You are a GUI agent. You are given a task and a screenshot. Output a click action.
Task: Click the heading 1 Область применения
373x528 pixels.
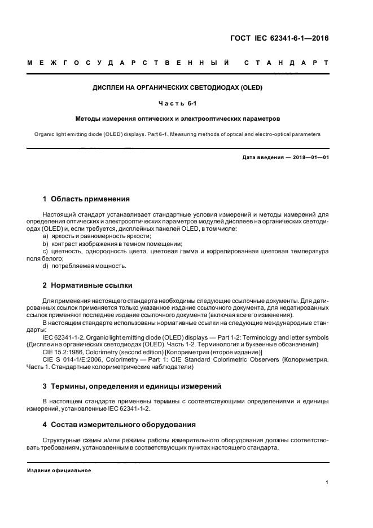coord(86,199)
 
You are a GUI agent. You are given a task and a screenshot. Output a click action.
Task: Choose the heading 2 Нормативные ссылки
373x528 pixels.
coord(87,285)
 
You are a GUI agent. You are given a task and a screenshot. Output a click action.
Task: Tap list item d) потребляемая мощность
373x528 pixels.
coord(84,266)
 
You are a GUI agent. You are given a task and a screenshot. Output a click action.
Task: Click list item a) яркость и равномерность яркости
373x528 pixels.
coord(96,236)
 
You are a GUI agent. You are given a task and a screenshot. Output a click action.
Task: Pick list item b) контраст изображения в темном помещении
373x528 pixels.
coord(108,243)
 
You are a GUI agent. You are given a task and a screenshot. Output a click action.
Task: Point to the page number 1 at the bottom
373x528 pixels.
coord(327,482)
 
